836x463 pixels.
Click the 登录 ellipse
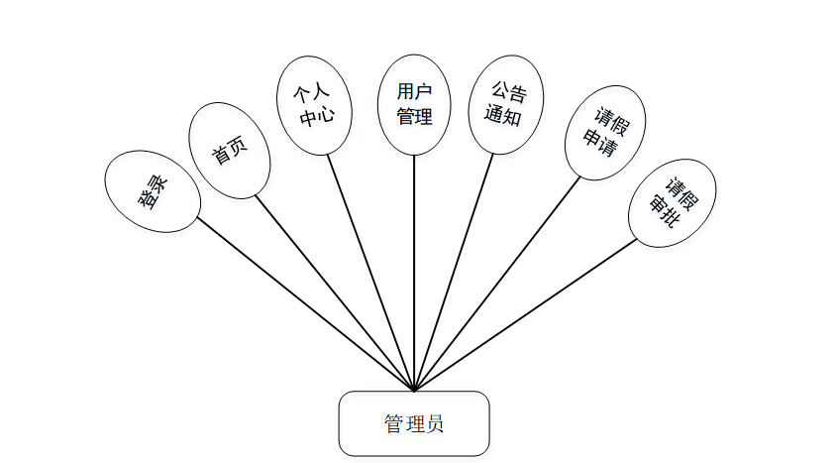coord(153,191)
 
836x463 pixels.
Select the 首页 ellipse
coord(229,151)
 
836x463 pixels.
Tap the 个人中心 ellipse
coord(314,104)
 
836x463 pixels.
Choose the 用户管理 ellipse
coord(414,104)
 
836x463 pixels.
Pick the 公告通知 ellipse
coord(504,103)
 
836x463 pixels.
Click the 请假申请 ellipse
coord(603,133)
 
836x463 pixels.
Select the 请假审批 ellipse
coord(671,202)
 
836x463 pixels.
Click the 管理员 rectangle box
coord(414,423)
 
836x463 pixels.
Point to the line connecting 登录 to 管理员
coord(305,303)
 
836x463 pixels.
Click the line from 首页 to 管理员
coord(335,292)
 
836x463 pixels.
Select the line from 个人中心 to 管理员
coord(370,272)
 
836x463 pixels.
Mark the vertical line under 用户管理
coord(414,273)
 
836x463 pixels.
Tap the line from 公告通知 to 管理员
coord(453,272)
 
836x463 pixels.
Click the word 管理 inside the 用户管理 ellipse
coord(414,117)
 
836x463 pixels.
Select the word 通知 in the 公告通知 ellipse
coord(503,115)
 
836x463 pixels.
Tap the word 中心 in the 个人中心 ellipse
coord(317,115)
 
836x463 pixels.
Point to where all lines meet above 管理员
coord(414,390)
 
